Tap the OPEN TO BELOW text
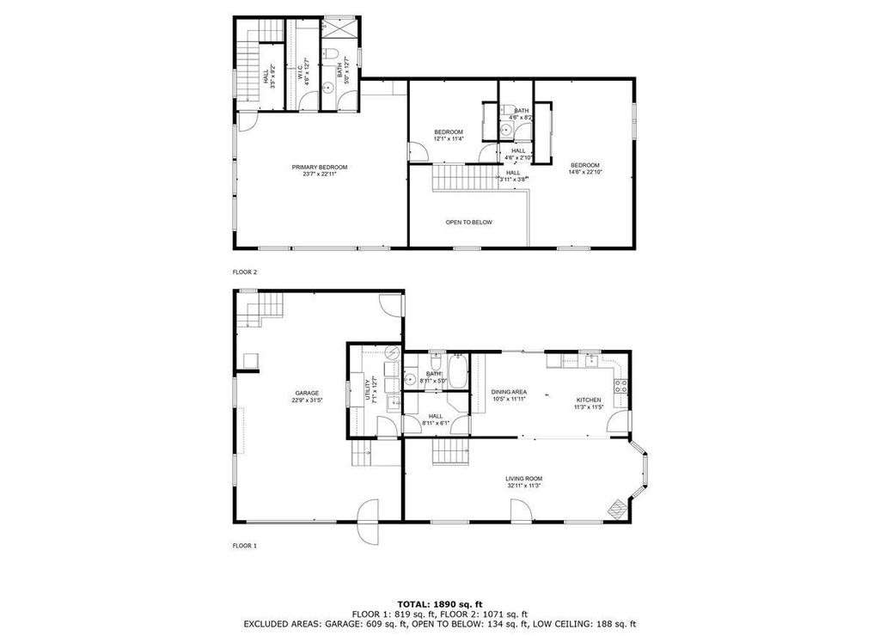pos(468,222)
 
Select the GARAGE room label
pos(308,393)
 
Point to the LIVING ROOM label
pos(523,479)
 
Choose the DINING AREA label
pos(509,392)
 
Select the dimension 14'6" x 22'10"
pos(584,172)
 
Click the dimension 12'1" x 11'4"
pos(448,138)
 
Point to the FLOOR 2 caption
pos(245,272)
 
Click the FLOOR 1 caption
pos(245,545)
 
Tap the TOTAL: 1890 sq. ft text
pos(439,604)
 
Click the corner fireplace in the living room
pos(617,508)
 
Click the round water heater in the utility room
pos(391,352)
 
